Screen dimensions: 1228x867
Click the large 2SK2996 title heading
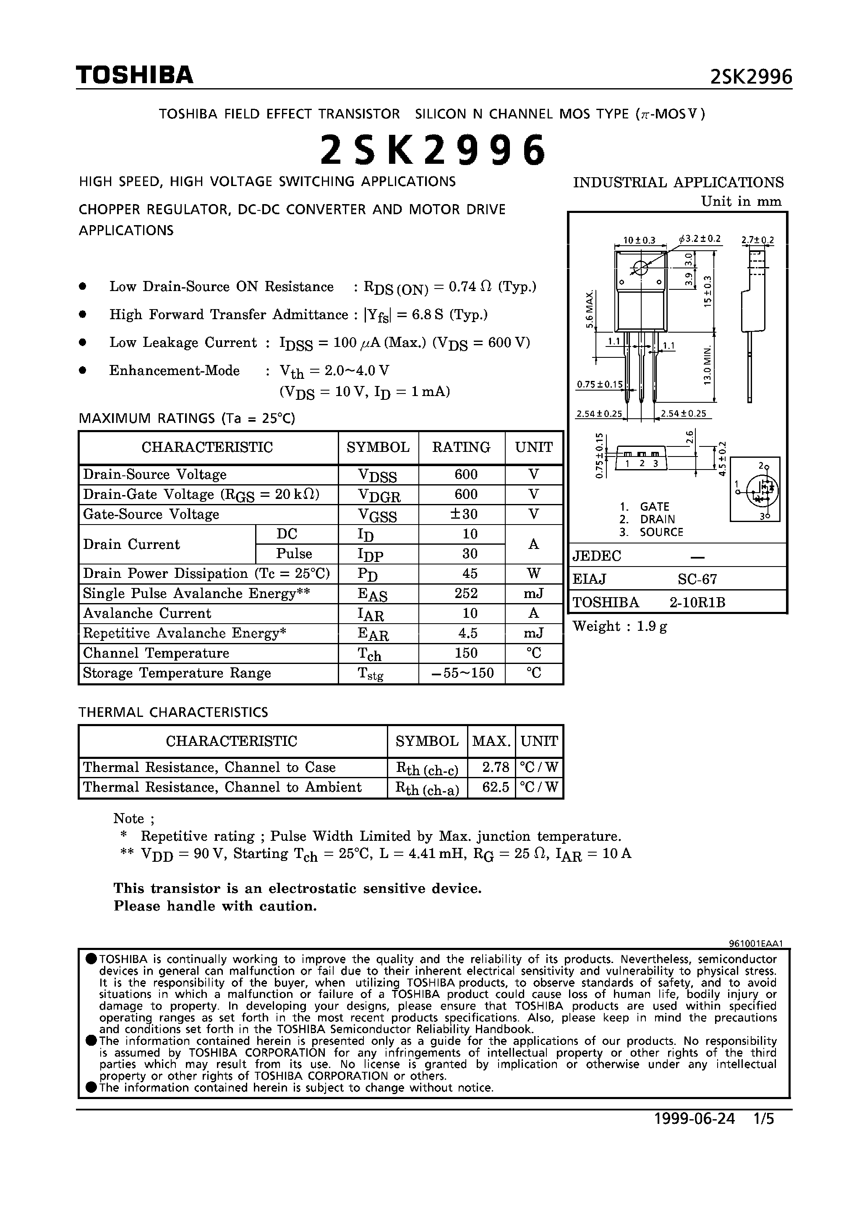coord(433,150)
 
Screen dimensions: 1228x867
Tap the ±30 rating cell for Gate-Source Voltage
coord(462,514)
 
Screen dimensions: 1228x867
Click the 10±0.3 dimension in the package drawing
coord(640,240)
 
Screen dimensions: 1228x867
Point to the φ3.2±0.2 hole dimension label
coord(700,239)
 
